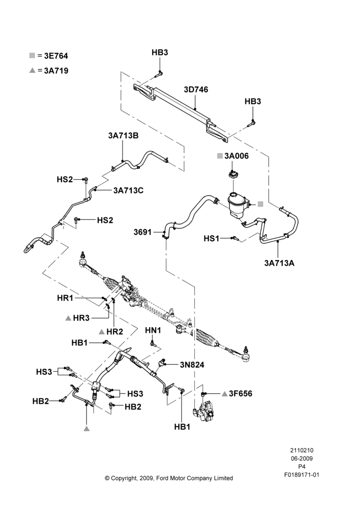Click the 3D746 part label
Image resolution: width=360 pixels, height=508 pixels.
click(196, 89)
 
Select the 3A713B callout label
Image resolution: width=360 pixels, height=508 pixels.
click(123, 136)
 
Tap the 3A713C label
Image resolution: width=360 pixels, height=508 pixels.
click(129, 190)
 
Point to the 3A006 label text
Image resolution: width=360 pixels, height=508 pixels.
click(236, 156)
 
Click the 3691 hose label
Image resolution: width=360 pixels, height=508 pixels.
click(142, 232)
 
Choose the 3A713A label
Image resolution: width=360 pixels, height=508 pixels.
click(279, 263)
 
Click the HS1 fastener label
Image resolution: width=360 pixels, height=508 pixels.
click(212, 238)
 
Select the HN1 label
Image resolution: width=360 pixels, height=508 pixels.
click(153, 330)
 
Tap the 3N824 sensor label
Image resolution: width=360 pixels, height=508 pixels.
click(192, 365)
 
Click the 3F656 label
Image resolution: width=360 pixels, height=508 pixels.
click(241, 393)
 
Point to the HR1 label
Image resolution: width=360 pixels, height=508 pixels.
click(65, 298)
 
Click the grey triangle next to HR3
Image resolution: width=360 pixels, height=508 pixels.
click(68, 318)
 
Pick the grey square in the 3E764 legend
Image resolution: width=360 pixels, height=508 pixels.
click(32, 55)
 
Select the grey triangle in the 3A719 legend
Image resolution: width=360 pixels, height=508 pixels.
click(32, 70)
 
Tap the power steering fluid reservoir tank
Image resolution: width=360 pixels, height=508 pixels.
click(238, 205)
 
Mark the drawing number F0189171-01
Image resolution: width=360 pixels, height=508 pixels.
click(302, 475)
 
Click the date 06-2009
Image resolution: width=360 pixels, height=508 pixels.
click(302, 458)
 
